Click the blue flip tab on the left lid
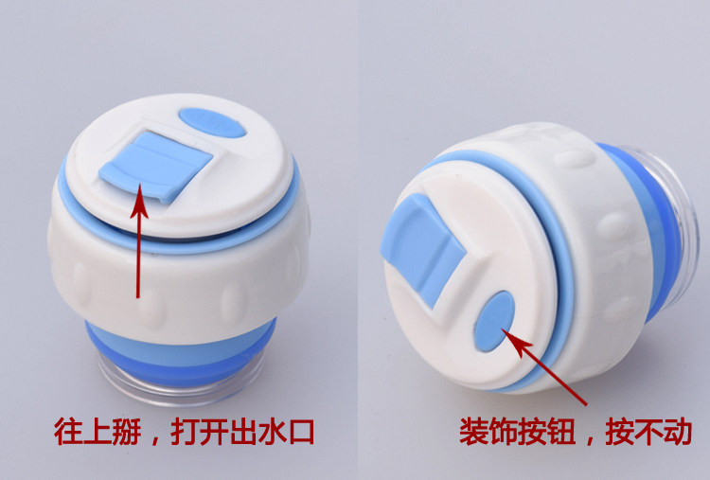(155, 167)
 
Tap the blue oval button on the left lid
(212, 122)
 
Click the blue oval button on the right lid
(494, 321)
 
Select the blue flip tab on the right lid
(422, 248)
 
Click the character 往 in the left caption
(68, 432)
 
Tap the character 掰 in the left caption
(127, 432)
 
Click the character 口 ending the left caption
(302, 432)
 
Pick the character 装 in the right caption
(473, 432)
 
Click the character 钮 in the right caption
(561, 432)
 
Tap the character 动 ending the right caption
(678, 432)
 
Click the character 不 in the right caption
(648, 432)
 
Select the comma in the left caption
(156, 439)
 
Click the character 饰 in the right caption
(503, 432)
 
